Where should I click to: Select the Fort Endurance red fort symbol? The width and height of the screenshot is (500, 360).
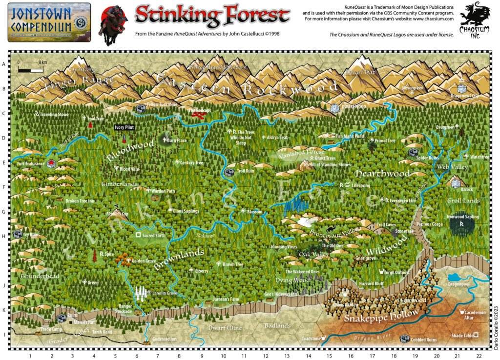[x=51, y=164]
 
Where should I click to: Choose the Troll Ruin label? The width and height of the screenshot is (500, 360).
[x=246, y=171]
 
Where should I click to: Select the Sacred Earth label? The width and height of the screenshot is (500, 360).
[x=153, y=236]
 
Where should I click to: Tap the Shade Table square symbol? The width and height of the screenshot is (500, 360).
[x=476, y=335]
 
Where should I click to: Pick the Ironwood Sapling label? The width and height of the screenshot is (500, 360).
[x=462, y=217]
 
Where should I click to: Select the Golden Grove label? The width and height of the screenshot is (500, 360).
[x=144, y=261]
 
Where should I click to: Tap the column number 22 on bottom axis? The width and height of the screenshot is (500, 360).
[x=478, y=356]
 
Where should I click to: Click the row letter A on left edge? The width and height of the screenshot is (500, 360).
[x=4, y=64]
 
